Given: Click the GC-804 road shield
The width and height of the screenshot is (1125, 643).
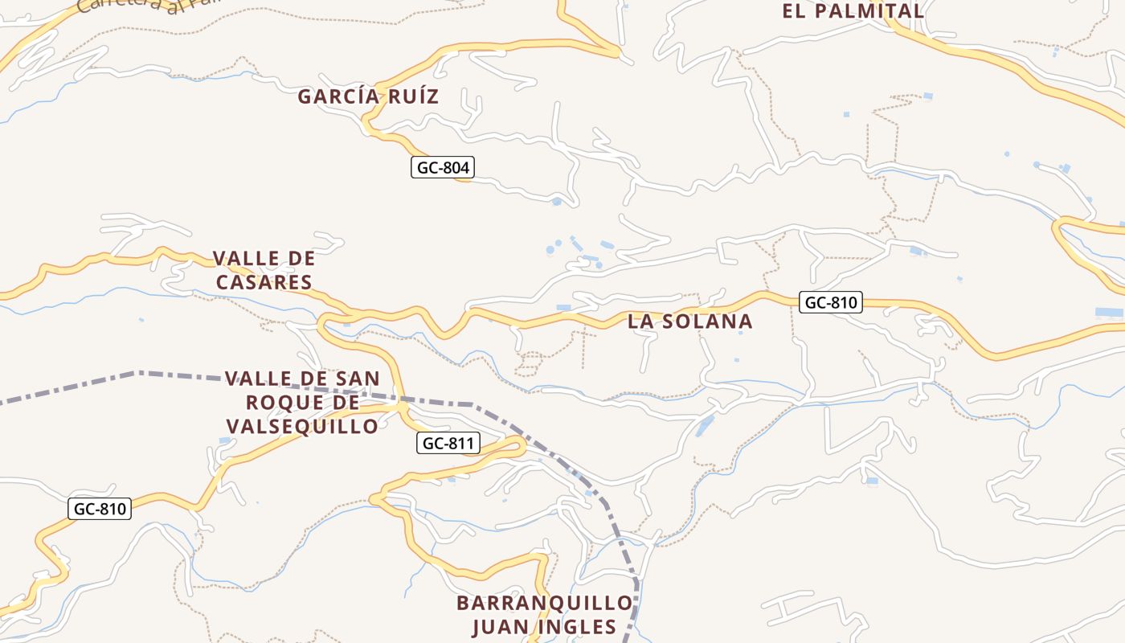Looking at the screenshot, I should [x=443, y=167].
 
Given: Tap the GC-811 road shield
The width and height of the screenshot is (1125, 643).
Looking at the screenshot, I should [x=448, y=443].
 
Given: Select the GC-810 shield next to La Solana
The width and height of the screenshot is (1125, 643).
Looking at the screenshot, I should [x=831, y=302].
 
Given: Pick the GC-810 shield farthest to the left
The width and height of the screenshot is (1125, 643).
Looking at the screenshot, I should [x=100, y=509].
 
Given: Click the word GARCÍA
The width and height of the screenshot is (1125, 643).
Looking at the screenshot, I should [x=337, y=96].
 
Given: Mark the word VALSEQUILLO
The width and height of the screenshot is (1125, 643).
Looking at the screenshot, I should [x=302, y=426].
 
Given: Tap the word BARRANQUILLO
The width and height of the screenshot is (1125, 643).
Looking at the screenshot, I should [x=545, y=603].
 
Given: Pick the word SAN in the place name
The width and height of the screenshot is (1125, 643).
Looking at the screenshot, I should [x=358, y=378].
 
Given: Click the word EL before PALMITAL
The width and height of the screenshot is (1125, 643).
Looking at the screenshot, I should [x=795, y=11].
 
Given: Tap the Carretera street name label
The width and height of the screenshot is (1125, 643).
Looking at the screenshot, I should [x=121, y=6].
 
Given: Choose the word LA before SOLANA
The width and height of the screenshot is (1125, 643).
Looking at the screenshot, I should [x=641, y=321].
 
